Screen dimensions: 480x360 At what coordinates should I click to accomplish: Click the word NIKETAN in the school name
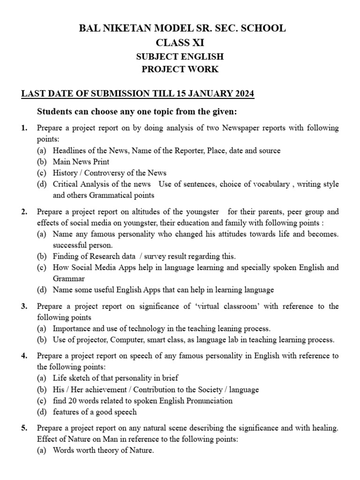click(131, 29)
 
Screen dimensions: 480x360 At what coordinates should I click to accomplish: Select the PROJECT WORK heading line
click(180, 69)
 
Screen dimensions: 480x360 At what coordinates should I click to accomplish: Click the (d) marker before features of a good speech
click(42, 412)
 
